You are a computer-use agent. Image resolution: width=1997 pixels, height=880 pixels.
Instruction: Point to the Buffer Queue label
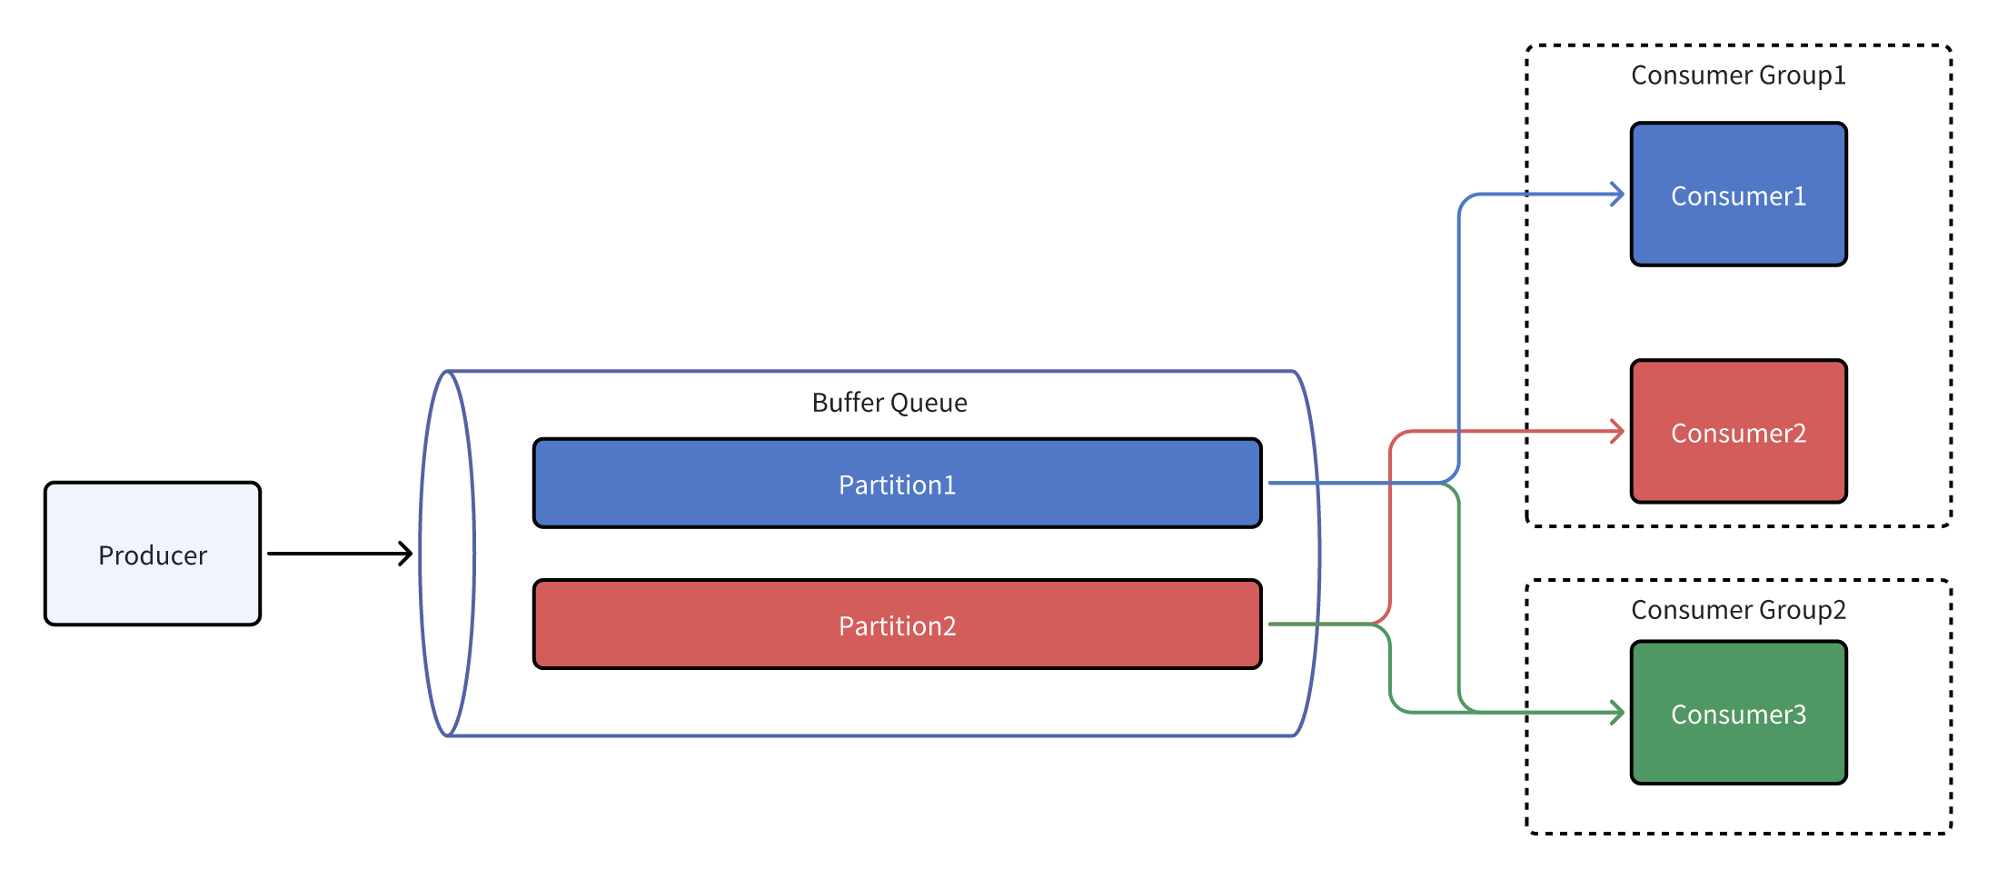(889, 403)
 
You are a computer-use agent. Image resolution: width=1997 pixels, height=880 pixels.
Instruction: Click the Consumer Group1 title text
(1738, 75)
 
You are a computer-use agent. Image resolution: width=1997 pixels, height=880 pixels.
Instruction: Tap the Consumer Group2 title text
(1738, 610)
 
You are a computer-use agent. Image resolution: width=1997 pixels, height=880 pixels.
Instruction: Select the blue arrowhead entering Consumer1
(1618, 195)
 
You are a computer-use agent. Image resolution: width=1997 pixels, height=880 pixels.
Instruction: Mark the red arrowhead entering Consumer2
(1618, 432)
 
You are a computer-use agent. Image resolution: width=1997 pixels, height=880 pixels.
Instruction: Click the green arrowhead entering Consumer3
(1618, 713)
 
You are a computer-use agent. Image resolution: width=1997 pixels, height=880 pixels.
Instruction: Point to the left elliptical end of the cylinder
(447, 553)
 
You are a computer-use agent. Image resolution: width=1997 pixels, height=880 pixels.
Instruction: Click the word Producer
(153, 555)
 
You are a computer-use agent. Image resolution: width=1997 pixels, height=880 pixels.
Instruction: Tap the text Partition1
(897, 485)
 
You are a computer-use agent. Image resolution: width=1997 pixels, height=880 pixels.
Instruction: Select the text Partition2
(897, 626)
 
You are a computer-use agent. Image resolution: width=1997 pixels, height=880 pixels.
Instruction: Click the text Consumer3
(1738, 715)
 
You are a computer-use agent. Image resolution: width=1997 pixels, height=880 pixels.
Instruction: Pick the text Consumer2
(1738, 434)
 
